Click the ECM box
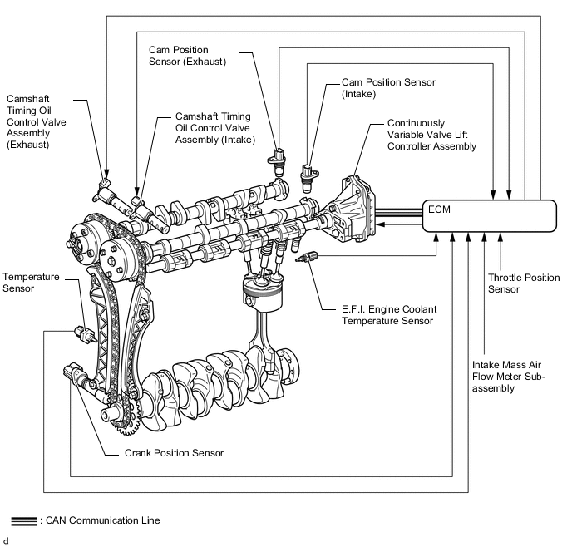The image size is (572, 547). pyautogui.click(x=490, y=215)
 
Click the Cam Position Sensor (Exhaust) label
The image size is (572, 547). pyautogui.click(x=188, y=56)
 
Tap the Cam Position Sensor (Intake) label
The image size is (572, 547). pyautogui.click(x=388, y=88)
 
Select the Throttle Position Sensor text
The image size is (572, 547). pyautogui.click(x=524, y=283)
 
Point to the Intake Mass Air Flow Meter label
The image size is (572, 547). pyautogui.click(x=508, y=377)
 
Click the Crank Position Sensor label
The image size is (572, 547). pyautogui.click(x=174, y=453)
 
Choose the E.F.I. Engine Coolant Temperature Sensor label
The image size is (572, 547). pyautogui.click(x=389, y=315)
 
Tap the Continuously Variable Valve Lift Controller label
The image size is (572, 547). pyautogui.click(x=432, y=135)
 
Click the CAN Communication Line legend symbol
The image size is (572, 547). pyautogui.click(x=24, y=521)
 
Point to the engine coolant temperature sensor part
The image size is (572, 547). pyautogui.click(x=307, y=257)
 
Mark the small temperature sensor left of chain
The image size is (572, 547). pyautogui.click(x=85, y=333)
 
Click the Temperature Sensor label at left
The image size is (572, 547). pyautogui.click(x=31, y=283)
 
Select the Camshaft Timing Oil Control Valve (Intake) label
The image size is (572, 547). pyautogui.click(x=215, y=128)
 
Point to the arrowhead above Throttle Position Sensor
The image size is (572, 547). pyautogui.click(x=500, y=237)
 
